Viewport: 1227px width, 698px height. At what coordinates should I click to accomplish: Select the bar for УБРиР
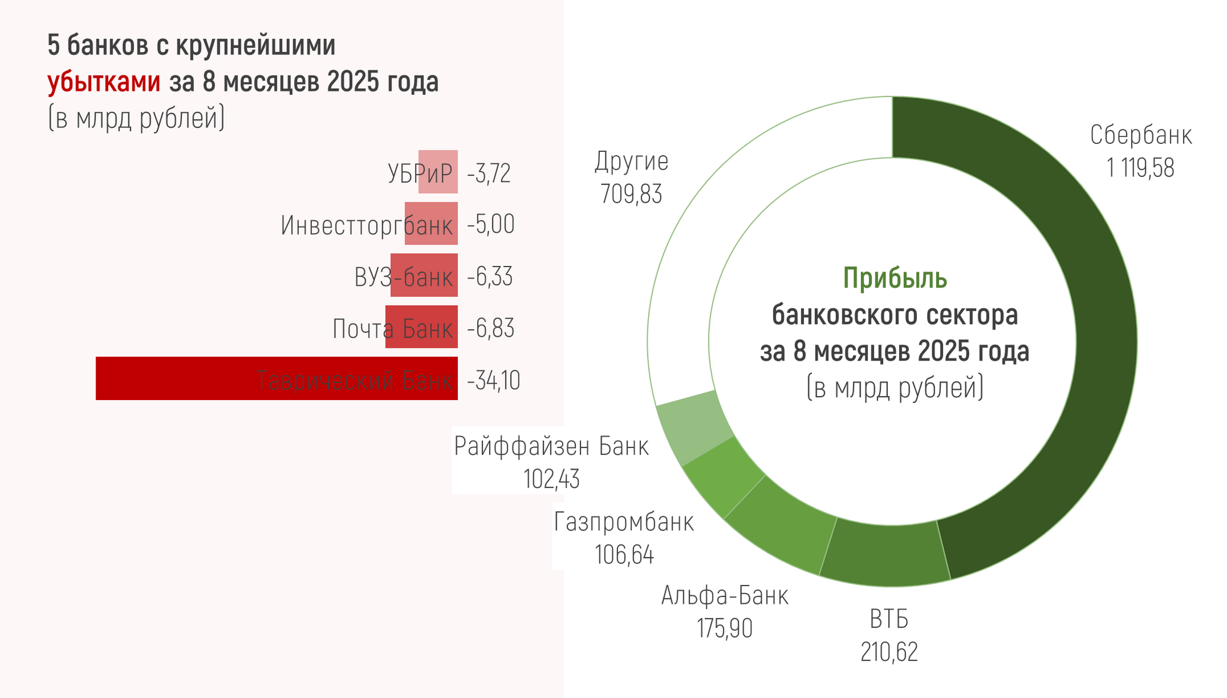[438, 172]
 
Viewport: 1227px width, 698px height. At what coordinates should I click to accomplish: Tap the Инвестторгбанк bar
[431, 223]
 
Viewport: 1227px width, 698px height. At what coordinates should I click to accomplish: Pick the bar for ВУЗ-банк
[424, 275]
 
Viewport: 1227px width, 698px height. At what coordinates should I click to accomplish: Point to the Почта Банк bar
[421, 327]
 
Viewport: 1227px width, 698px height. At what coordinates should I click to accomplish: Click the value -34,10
[493, 380]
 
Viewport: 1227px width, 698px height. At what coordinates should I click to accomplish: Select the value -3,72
[489, 173]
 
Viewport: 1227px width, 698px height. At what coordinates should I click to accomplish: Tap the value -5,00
[491, 225]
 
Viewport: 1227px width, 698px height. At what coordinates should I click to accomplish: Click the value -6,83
[491, 329]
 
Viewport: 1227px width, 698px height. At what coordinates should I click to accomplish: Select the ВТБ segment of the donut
[886, 554]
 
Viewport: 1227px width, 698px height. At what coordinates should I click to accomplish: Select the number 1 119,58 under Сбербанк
[1140, 168]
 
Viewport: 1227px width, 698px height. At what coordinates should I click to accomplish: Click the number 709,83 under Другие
[631, 194]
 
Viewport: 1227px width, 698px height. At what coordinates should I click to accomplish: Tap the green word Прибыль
[895, 279]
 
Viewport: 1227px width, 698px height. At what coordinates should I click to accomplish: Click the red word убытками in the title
[104, 82]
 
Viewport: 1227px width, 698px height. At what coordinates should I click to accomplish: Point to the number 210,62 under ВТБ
[889, 652]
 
